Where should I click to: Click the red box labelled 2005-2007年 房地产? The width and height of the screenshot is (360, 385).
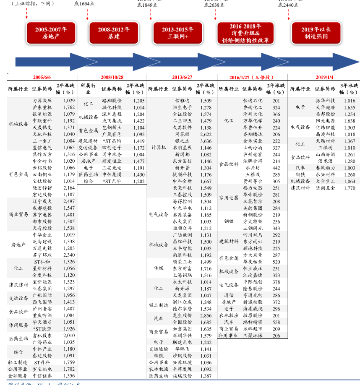[x=51, y=33]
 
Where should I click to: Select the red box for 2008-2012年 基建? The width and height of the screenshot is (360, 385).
[x=114, y=33]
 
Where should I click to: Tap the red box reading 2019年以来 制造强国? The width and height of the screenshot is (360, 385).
[x=316, y=33]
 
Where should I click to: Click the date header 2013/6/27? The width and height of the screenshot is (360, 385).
[x=182, y=77]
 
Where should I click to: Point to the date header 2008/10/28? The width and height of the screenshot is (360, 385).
[x=112, y=77]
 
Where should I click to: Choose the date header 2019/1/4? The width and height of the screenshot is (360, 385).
[x=324, y=77]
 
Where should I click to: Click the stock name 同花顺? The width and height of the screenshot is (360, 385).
[x=182, y=134]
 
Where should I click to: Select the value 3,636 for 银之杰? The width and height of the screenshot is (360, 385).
[x=206, y=141]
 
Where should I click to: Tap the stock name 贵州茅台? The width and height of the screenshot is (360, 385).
[x=253, y=181]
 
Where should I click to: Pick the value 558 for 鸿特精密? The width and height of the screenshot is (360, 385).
[x=276, y=322]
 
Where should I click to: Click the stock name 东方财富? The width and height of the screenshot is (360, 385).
[x=182, y=268]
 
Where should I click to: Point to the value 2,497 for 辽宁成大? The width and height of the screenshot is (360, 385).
[x=69, y=201]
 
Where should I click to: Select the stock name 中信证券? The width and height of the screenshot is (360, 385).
[x=42, y=376]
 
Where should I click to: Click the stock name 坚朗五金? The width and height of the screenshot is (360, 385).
[x=326, y=188]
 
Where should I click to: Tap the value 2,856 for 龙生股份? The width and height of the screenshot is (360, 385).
[x=206, y=315]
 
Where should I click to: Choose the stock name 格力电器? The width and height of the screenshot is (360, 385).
[x=253, y=188]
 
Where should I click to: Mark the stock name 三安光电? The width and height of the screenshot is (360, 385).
[x=112, y=168]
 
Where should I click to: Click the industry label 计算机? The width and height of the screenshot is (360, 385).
[x=159, y=148]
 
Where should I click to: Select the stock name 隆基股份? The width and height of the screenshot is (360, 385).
[x=253, y=289]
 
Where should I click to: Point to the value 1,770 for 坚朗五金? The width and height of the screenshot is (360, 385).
[x=349, y=188]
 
